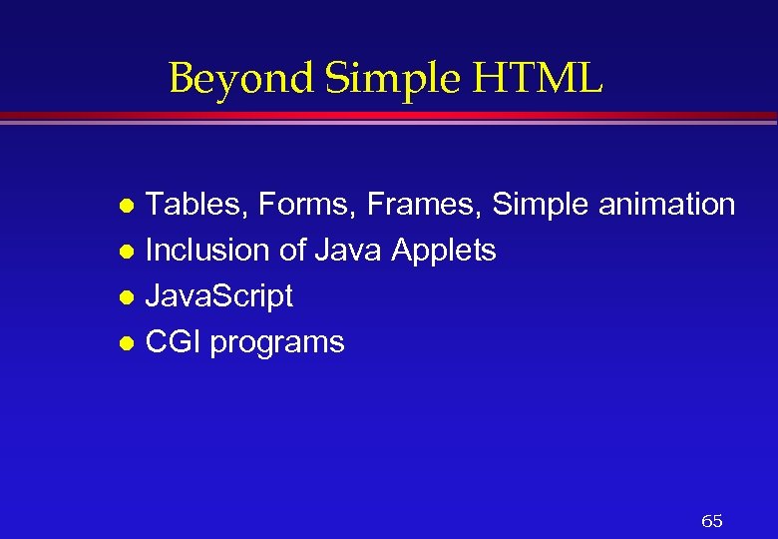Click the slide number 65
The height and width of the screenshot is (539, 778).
pyautogui.click(x=712, y=521)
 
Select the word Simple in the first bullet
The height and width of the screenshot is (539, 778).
pyautogui.click(x=540, y=205)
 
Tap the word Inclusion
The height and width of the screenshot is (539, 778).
pyautogui.click(x=207, y=251)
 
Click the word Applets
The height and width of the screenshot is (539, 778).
pyautogui.click(x=443, y=251)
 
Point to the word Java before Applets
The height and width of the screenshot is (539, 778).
pyautogui.click(x=348, y=251)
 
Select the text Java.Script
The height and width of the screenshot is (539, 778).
pyautogui.click(x=219, y=296)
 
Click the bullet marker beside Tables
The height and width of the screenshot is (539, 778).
pyautogui.click(x=126, y=207)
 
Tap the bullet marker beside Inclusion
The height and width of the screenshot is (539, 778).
pyautogui.click(x=126, y=253)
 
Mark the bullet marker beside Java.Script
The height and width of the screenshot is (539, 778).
pyautogui.click(x=126, y=298)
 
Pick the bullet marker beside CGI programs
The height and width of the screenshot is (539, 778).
pyautogui.click(x=126, y=344)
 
